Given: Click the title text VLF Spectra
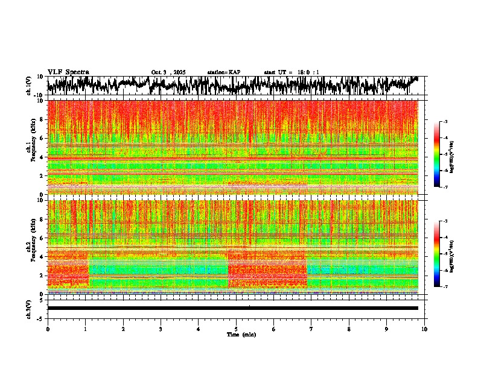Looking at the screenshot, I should point(68,72).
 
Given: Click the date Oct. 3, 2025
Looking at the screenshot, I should point(168,72).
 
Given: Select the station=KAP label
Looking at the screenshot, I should point(223,72).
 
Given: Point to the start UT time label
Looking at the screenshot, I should point(292,72).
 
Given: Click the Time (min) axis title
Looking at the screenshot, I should point(241,335).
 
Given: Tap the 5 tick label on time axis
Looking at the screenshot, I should point(236,329).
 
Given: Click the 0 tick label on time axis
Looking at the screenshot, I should point(48,329).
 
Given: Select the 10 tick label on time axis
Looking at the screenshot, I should point(424,329).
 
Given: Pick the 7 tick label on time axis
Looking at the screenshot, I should point(311,329).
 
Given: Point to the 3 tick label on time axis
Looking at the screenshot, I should point(161,329).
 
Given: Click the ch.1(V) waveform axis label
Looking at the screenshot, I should point(28,86).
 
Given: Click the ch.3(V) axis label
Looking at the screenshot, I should point(28,308).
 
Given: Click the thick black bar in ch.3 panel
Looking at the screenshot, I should point(233,308).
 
